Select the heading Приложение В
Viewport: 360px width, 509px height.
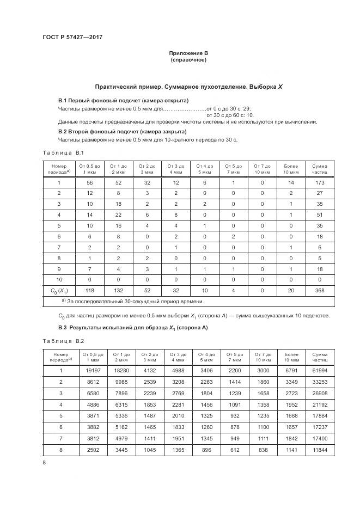pyautogui.click(x=188, y=53)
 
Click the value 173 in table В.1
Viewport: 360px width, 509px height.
pyautogui.click(x=320, y=183)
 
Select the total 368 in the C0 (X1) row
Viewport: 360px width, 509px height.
pyautogui.click(x=320, y=291)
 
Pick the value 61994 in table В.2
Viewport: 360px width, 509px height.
pyautogui.click(x=320, y=370)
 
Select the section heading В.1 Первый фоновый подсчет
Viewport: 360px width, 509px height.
pyautogui.click(x=123, y=101)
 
